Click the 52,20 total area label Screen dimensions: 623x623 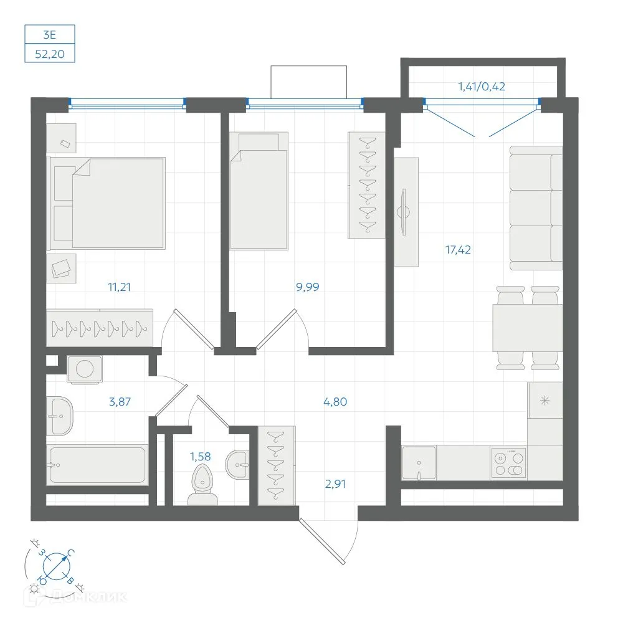tap(50, 54)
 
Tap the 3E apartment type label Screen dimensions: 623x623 tap(50, 35)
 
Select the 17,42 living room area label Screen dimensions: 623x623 tap(458, 250)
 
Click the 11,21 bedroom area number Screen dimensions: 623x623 tap(119, 287)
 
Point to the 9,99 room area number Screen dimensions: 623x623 tap(308, 287)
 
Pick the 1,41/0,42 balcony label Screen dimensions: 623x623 tap(482, 86)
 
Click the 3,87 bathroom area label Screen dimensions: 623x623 tap(120, 402)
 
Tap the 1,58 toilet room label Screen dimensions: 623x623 tap(200, 457)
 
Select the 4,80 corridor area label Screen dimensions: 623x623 tap(335, 402)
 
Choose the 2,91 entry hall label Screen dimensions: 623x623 tap(335, 484)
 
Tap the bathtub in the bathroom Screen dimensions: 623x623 tap(97, 465)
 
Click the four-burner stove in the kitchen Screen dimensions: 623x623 tap(508, 462)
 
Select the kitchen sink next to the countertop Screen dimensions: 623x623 tap(419, 463)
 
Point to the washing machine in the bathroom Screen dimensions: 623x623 tap(85, 369)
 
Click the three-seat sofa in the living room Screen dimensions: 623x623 tap(536, 208)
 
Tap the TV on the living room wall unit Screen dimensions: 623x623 tap(404, 212)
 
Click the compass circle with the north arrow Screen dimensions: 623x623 tap(57, 566)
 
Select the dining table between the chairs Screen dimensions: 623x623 tap(528, 328)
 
